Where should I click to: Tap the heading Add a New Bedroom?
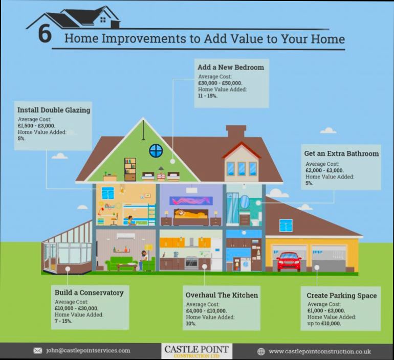click(231, 67)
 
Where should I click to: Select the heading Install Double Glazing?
click(54, 110)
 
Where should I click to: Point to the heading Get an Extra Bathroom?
click(341, 153)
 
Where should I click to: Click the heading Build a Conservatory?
click(89, 293)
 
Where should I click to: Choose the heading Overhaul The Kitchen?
click(222, 295)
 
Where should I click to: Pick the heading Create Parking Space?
click(341, 296)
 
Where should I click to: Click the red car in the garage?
click(289, 261)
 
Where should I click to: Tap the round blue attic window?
click(156, 150)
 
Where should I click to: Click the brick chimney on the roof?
click(235, 132)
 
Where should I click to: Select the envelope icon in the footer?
click(37, 351)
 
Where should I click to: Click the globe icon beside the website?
click(261, 351)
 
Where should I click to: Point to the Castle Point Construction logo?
click(197, 351)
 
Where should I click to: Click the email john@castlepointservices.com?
click(88, 351)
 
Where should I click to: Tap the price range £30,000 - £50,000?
click(220, 83)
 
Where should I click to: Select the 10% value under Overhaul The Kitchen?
click(191, 324)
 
